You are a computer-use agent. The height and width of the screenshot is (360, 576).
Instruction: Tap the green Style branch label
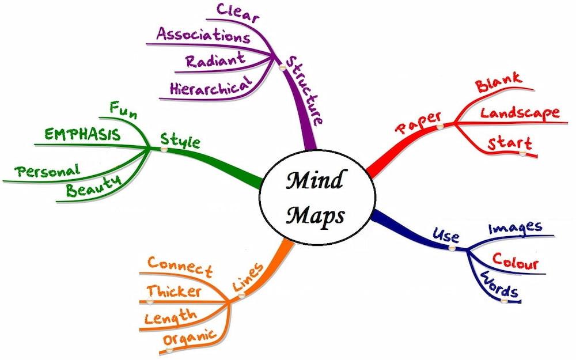180,140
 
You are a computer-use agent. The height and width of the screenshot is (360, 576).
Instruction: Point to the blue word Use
446,236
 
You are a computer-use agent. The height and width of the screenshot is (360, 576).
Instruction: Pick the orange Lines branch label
248,278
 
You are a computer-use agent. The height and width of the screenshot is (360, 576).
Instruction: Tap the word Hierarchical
211,86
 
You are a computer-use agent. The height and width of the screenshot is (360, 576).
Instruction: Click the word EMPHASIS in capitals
83,136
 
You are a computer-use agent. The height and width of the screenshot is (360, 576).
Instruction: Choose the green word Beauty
93,185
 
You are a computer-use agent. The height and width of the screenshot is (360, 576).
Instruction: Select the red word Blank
498,82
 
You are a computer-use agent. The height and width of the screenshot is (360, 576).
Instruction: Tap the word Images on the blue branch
515,228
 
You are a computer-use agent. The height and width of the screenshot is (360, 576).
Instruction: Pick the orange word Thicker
173,291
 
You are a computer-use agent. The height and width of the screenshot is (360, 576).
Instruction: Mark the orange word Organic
189,338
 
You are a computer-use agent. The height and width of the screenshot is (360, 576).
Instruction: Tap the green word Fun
123,110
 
